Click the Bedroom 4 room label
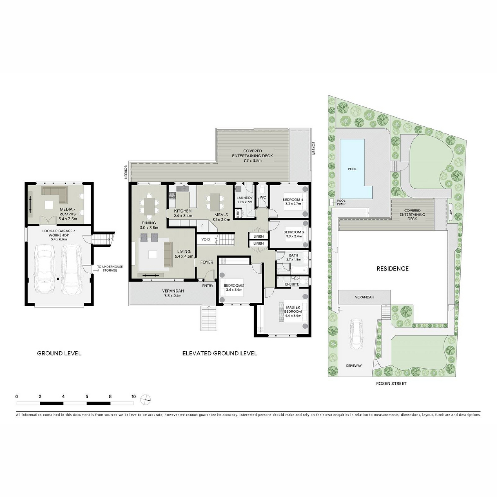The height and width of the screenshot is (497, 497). [293, 200]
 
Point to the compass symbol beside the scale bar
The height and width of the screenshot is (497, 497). [145, 400]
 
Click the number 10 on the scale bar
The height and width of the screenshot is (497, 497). [134, 396]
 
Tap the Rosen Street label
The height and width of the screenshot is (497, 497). [391, 383]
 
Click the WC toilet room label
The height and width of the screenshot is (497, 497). [263, 197]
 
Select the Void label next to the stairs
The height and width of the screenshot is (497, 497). [206, 239]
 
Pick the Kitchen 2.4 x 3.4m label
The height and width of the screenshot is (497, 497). [183, 213]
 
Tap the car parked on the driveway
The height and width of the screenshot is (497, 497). [356, 334]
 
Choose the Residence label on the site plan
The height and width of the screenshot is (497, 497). [392, 268]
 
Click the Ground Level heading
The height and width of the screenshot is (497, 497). [59, 353]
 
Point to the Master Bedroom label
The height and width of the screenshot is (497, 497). [293, 309]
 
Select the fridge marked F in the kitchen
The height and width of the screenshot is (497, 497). [202, 226]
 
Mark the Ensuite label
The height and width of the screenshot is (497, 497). [292, 284]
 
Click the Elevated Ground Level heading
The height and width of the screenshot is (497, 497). [220, 353]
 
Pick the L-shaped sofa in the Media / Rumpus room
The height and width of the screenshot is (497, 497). [55, 194]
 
